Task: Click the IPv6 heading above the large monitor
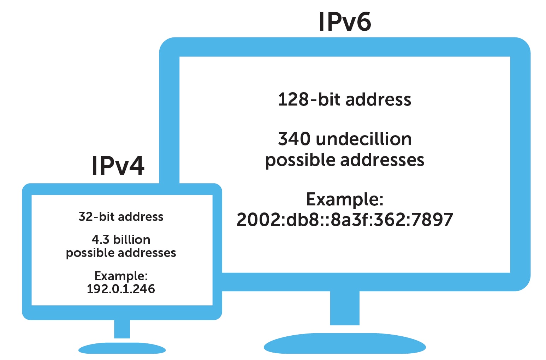[x=344, y=22]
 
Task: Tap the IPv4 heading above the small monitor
[x=118, y=166]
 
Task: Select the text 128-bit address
[x=344, y=100]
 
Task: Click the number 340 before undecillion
[x=294, y=139]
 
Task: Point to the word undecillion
[x=364, y=139]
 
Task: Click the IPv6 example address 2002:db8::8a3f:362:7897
[x=344, y=220]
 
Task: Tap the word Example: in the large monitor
[x=344, y=199]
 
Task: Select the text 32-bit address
[x=121, y=217]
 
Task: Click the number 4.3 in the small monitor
[x=101, y=240]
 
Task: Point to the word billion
[x=132, y=240]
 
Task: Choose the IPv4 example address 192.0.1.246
[x=121, y=289]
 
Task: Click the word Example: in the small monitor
[x=121, y=276]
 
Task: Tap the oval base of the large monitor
[x=344, y=344]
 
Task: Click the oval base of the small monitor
[x=122, y=349]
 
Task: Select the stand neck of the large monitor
[x=344, y=308]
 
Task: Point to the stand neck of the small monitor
[x=122, y=329]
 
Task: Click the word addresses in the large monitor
[x=382, y=160]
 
